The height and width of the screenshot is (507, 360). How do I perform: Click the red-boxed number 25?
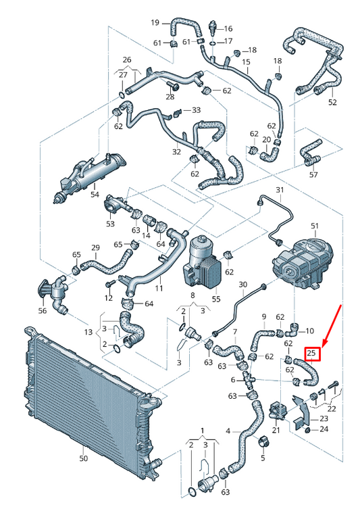click(x=312, y=352)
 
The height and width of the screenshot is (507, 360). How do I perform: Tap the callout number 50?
click(x=84, y=458)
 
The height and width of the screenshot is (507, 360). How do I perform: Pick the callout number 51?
click(x=313, y=225)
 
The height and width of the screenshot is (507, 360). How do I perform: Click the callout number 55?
click(x=216, y=298)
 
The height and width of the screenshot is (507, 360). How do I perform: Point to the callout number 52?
click(x=332, y=102)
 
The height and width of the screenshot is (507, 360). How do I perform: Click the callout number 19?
click(x=155, y=22)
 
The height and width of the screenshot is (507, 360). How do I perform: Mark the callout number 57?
click(x=313, y=174)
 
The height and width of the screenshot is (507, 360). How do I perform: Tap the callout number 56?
click(x=43, y=311)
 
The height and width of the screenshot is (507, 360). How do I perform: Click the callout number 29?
click(x=96, y=247)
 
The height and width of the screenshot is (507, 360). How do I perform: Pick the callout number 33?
click(x=196, y=110)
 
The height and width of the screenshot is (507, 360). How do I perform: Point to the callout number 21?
click(x=276, y=430)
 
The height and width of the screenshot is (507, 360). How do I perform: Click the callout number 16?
click(x=228, y=29)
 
